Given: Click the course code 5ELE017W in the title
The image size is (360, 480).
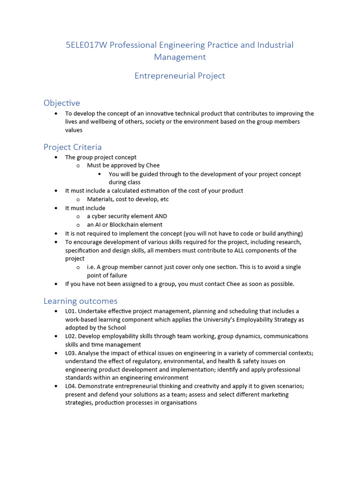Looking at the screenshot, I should [86, 45].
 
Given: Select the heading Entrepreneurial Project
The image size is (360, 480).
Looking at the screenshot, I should [180, 75].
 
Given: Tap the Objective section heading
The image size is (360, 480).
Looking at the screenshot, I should [62, 103].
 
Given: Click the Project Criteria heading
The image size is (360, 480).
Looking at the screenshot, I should [73, 147].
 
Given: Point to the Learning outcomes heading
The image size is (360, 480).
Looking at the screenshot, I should [81, 300].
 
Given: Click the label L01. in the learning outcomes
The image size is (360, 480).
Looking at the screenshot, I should [71, 311].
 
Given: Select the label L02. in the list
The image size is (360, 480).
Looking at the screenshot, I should [71, 336].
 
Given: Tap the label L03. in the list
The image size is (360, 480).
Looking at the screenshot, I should [71, 353].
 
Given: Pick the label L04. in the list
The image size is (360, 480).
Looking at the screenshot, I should [71, 386].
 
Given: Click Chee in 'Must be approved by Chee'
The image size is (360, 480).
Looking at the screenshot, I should [152, 165].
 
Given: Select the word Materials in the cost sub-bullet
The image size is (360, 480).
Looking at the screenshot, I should [99, 199].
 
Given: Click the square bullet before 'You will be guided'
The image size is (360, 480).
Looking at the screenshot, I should [100, 174].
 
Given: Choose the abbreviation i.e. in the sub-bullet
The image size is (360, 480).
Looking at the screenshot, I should [91, 267].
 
